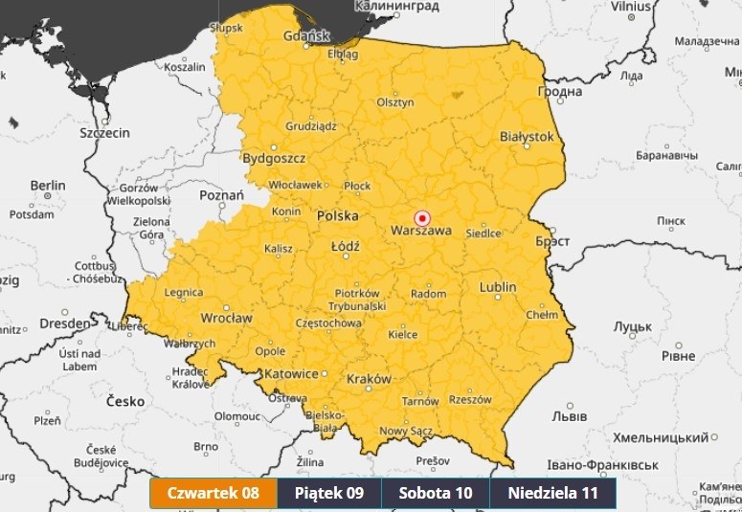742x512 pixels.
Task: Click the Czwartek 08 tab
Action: coord(214,494)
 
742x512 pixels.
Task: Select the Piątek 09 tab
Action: coord(329,494)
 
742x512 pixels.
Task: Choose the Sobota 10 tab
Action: coord(436,494)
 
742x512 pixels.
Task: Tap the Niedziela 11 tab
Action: coord(552,494)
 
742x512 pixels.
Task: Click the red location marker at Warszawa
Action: coord(420,218)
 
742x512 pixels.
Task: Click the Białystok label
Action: coord(527,137)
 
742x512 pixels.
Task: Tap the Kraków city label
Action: coord(369,379)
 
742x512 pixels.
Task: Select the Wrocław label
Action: coord(226,318)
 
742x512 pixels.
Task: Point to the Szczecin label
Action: coord(104,133)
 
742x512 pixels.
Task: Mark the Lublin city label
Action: coord(497,287)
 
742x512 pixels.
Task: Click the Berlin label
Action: coord(47,185)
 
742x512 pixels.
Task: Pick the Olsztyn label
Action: coord(394,102)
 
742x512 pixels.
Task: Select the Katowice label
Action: coord(291,373)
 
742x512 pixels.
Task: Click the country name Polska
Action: coord(337,215)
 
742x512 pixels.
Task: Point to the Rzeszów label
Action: coord(469,399)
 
